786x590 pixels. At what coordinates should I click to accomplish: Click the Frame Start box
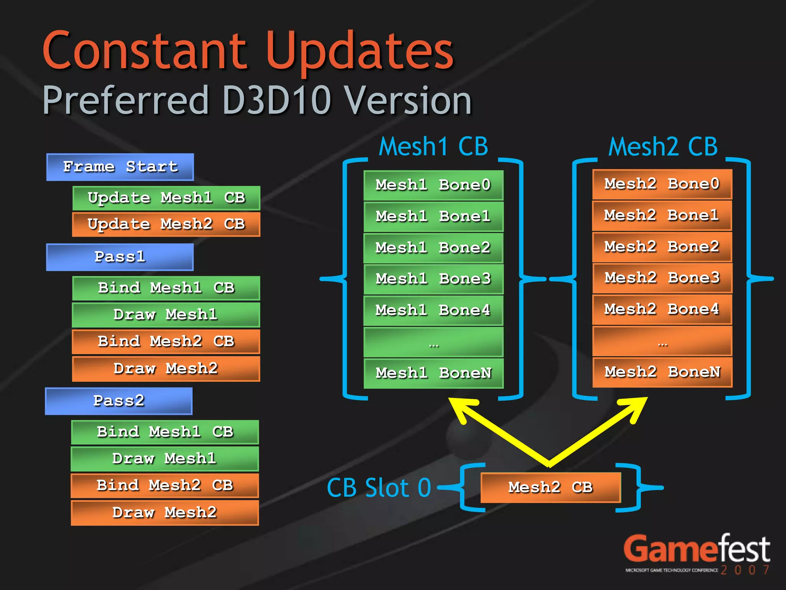click(x=120, y=167)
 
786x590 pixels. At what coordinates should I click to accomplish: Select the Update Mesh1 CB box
click(x=166, y=198)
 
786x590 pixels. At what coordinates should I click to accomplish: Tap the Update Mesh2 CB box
click(x=166, y=224)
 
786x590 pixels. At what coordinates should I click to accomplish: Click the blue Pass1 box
click(x=120, y=257)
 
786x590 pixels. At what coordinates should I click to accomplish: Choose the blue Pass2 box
click(x=119, y=401)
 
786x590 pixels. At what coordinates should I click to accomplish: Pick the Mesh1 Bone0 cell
click(x=433, y=185)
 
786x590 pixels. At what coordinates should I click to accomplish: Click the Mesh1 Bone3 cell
click(x=433, y=279)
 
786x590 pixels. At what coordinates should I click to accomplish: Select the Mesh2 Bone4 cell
click(x=662, y=309)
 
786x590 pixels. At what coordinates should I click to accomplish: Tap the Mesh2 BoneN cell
click(x=662, y=372)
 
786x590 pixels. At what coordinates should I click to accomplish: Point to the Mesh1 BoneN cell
click(x=433, y=373)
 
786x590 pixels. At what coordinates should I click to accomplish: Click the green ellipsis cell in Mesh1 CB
click(x=433, y=342)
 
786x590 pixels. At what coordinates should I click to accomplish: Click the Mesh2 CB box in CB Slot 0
click(x=550, y=487)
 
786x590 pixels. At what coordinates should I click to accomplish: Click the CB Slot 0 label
click(x=379, y=488)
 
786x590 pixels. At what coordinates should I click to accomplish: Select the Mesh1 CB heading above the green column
click(x=433, y=147)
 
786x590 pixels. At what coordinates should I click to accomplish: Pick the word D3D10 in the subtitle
click(x=276, y=101)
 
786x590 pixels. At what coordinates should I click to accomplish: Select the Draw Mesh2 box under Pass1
click(x=166, y=369)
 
